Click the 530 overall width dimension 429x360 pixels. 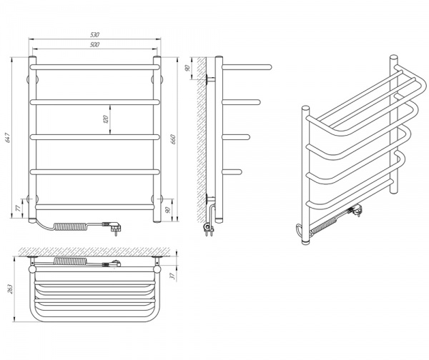94,33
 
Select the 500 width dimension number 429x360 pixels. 94,45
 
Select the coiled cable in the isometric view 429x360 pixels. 325,226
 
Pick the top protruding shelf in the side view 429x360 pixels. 247,66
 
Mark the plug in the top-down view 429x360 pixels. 112,266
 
